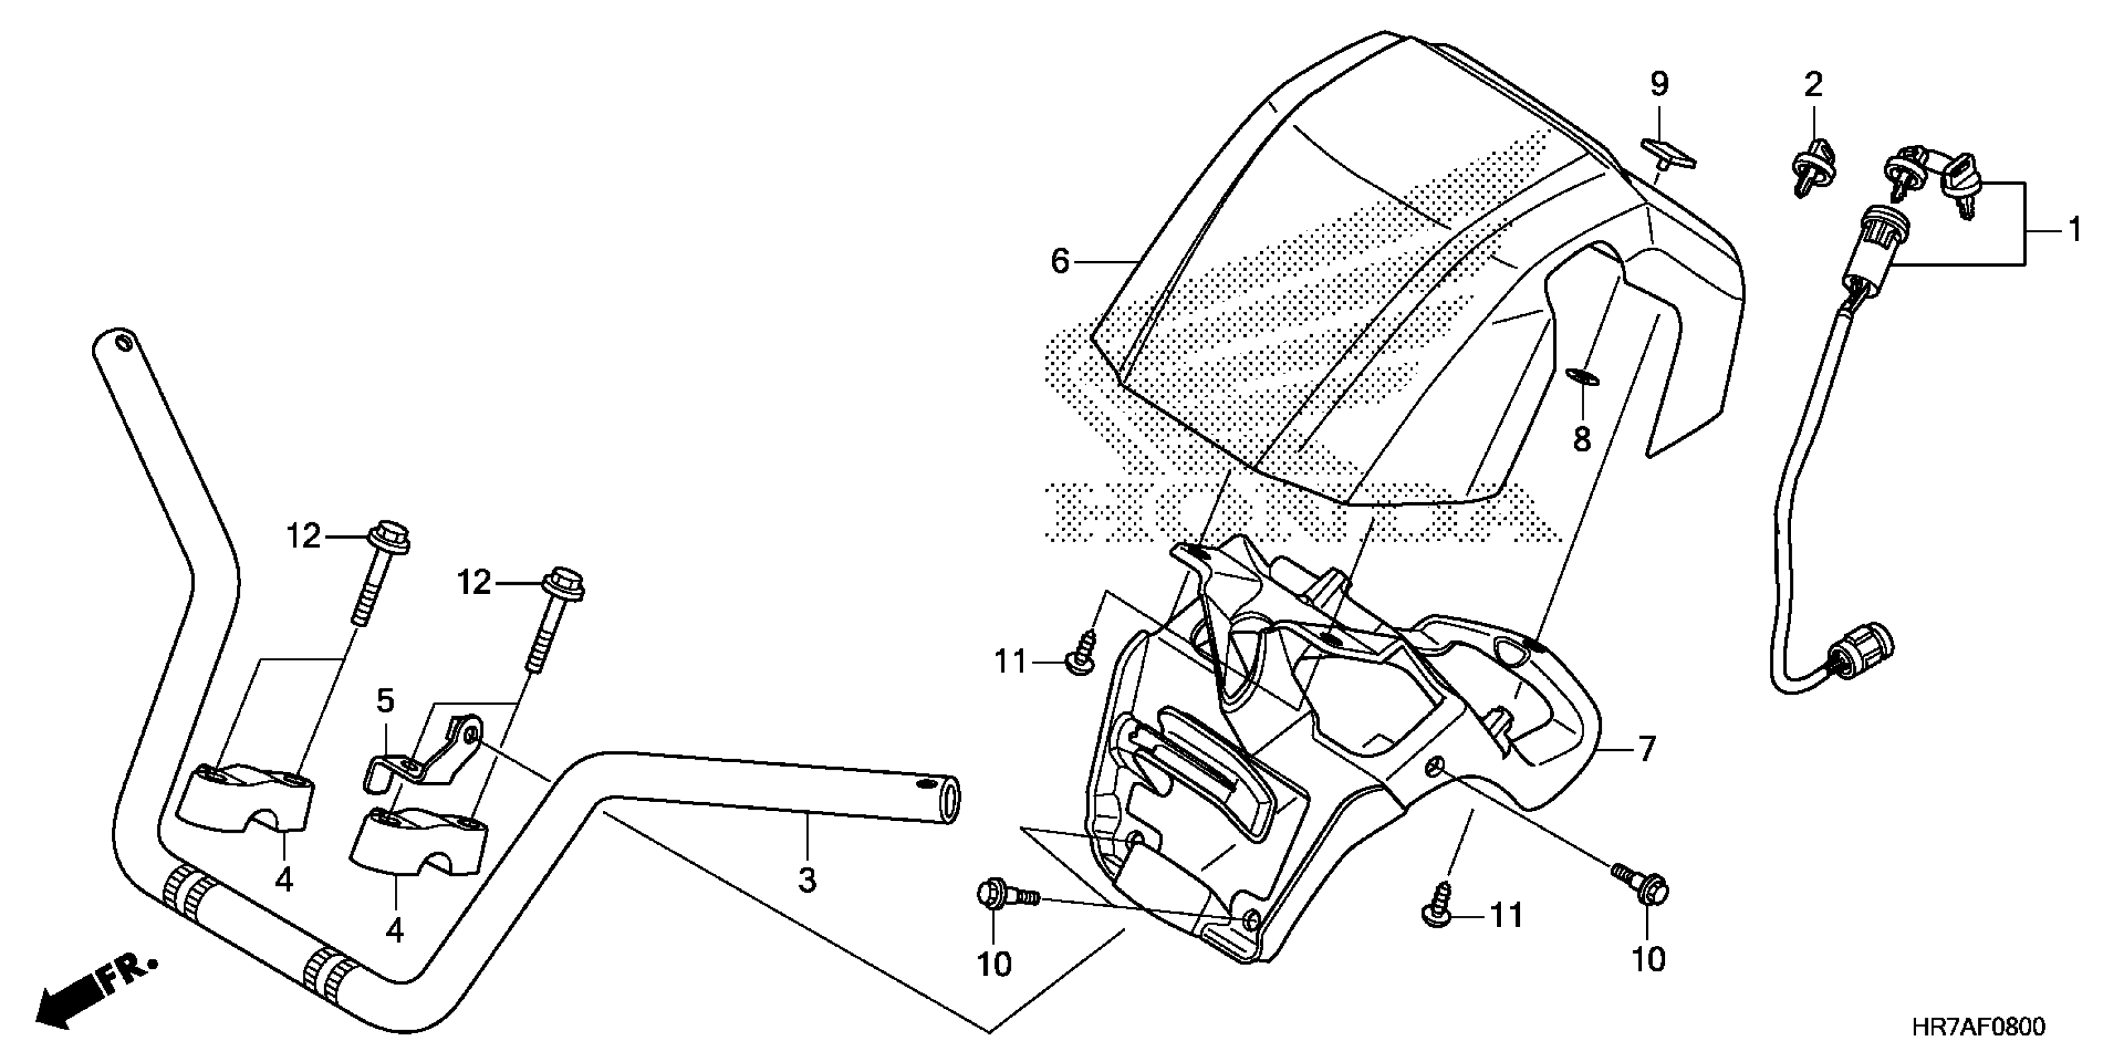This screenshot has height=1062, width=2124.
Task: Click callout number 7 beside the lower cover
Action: [x=1645, y=748]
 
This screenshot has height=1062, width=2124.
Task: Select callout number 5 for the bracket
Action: [x=385, y=701]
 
